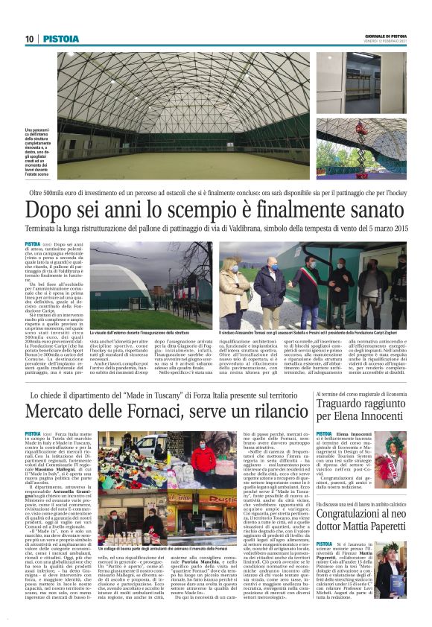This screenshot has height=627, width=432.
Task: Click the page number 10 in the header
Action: (x=29, y=39)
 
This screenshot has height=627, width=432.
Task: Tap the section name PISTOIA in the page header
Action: (x=56, y=39)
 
